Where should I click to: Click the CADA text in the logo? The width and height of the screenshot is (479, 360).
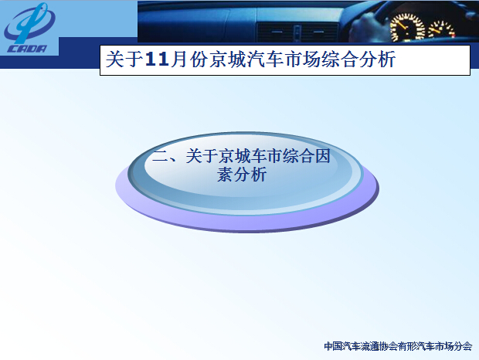click(28, 49)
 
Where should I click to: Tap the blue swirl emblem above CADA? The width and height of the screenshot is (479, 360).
click(29, 23)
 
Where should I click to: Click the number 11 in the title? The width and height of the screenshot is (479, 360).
click(157, 59)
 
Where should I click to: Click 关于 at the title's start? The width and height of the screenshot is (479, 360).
click(124, 59)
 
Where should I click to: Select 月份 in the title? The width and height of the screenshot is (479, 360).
click(189, 59)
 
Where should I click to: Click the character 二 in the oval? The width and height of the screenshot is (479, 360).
click(161, 156)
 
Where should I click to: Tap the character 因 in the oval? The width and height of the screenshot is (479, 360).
click(323, 156)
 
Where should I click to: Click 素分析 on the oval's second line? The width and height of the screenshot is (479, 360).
click(242, 175)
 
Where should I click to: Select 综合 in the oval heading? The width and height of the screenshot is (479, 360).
click(298, 156)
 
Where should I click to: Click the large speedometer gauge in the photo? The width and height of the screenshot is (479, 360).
click(408, 28)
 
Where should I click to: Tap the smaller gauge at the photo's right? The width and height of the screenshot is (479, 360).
click(441, 31)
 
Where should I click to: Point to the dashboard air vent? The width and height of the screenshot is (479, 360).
click(297, 32)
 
